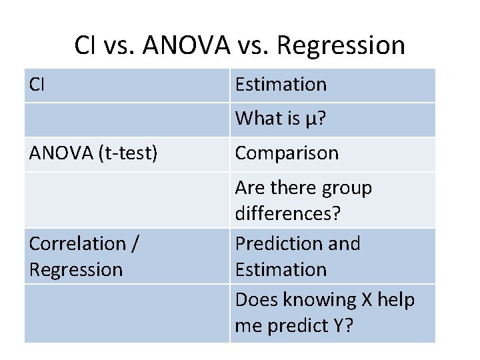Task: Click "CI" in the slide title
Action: point(85,46)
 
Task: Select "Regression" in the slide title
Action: point(340,46)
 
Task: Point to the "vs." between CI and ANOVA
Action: point(119,46)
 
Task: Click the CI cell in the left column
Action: point(37,85)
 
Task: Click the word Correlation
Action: point(77,244)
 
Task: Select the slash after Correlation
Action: point(135,244)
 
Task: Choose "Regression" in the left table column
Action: point(76,270)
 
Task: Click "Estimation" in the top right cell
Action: point(281,85)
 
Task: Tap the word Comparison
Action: point(287,153)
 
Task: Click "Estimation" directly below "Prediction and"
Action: point(281,270)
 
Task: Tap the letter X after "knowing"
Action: point(366,301)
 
